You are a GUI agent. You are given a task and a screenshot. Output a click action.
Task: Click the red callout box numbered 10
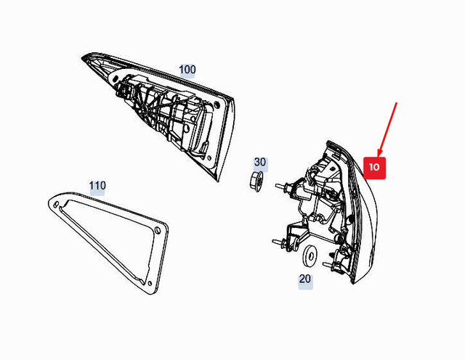[373, 167]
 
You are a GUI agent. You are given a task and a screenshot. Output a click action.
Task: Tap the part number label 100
[187, 70]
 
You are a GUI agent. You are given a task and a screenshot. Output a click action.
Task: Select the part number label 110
[97, 186]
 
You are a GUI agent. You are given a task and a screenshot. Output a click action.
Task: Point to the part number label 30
[260, 163]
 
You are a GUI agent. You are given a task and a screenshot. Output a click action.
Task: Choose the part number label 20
[305, 278]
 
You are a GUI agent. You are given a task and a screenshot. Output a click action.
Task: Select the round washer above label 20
[309, 254]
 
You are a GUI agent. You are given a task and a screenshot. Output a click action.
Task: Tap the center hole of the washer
[309, 254]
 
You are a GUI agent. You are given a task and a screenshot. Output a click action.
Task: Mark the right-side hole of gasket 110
[157, 230]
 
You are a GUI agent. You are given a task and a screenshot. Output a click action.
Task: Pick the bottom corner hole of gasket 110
[149, 279]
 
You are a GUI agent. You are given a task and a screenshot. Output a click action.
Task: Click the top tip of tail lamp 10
[329, 143]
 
